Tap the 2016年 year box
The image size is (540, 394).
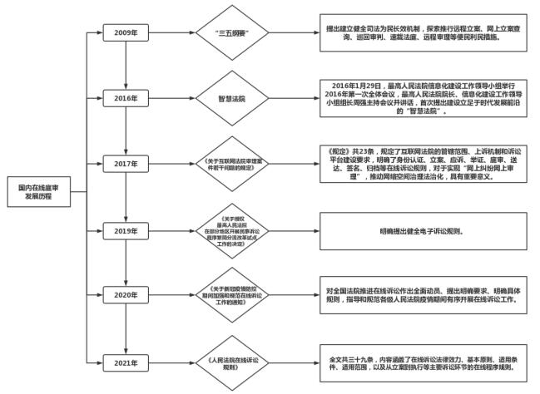pos(126,97)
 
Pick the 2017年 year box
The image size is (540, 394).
pos(126,163)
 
